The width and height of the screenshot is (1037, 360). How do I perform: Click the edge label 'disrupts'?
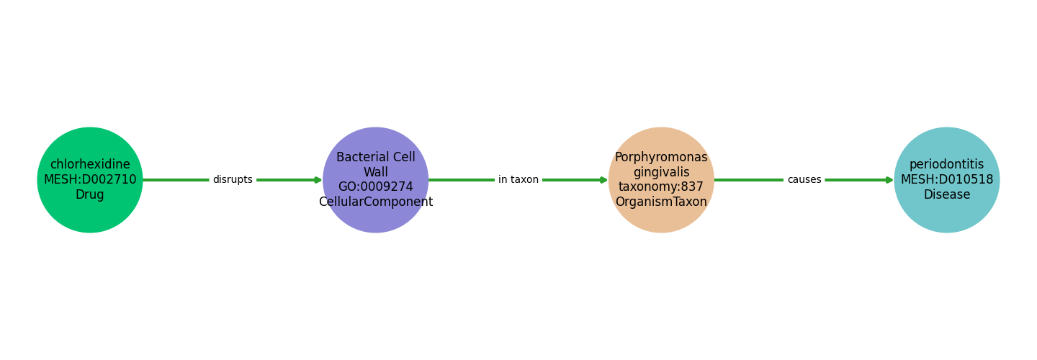coord(233,180)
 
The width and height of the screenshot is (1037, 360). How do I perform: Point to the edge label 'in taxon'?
coord(518,180)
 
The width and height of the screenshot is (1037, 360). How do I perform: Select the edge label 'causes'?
coord(804,180)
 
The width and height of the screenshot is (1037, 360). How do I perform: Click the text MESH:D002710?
coord(90,180)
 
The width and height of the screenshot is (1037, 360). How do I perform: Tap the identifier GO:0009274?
coord(375,187)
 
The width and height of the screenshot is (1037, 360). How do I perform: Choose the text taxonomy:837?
coord(661,187)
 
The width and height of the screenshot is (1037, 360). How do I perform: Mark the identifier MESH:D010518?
coord(946,180)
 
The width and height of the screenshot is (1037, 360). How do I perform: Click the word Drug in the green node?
coord(90,195)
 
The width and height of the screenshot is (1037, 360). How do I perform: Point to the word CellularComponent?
coord(375,202)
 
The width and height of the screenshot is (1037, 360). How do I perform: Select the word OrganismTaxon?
coord(661,202)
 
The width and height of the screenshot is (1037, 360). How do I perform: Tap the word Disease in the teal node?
coord(946,195)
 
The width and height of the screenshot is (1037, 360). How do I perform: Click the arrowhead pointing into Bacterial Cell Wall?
coord(318,180)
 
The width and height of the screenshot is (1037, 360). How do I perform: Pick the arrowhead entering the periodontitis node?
coord(889,180)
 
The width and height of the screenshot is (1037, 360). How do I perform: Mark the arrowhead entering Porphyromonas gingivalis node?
coord(603,180)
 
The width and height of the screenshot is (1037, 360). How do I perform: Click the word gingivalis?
coord(661,172)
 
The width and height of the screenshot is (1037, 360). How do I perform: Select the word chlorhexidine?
coord(90,165)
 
